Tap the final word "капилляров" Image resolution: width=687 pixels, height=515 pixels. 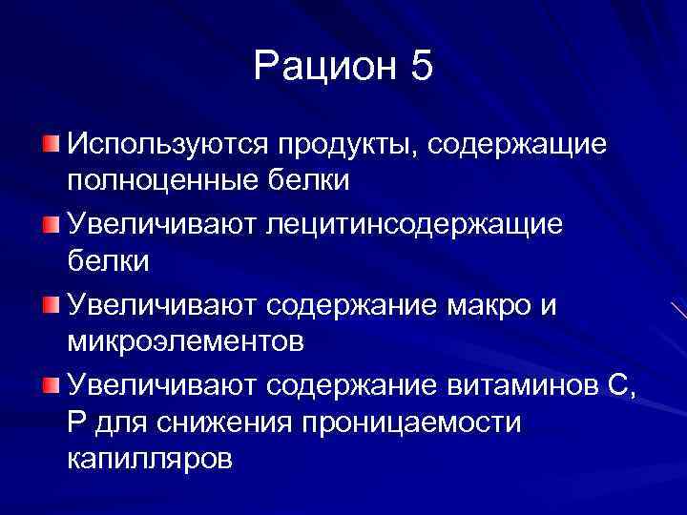pyautogui.click(x=149, y=459)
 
